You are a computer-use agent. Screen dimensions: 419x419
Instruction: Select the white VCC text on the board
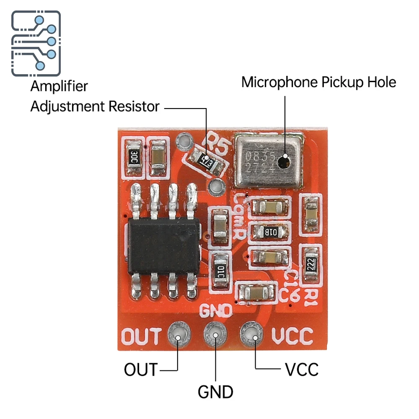point(292,336)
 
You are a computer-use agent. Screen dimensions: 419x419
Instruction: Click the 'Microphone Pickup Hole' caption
point(318,82)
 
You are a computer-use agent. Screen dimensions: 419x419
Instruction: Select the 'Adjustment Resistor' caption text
point(95,106)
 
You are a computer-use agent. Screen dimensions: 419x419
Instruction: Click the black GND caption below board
point(215,392)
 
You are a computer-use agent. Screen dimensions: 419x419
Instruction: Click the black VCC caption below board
point(302,370)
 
